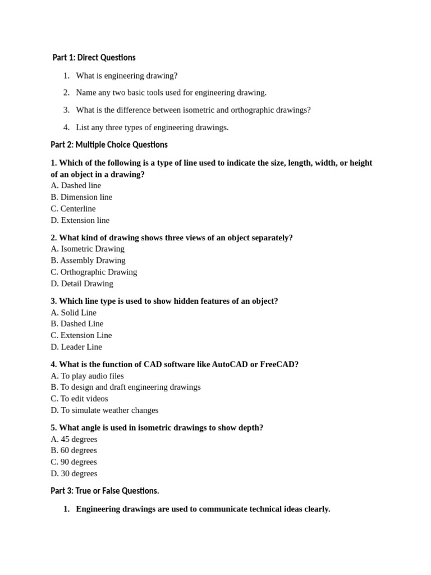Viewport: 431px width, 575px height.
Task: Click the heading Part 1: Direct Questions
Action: (94, 57)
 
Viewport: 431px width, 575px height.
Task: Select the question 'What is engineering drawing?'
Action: (126, 75)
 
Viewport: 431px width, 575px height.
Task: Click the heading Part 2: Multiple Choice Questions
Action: (109, 145)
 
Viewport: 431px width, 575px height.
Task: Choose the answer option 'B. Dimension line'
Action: (81, 197)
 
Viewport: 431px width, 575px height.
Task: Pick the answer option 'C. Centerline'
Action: (73, 209)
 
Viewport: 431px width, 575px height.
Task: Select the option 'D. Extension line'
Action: (80, 220)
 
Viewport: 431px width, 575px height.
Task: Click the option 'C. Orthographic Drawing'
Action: (94, 272)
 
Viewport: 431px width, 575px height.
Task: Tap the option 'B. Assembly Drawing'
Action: (88, 261)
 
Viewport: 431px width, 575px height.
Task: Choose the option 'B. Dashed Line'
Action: (77, 323)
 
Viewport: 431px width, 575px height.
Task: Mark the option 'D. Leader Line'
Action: (76, 347)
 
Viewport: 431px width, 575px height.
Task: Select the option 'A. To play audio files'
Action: (87, 376)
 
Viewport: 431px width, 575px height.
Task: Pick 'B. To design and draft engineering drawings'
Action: (125, 387)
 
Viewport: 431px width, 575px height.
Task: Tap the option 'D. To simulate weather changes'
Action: (104, 410)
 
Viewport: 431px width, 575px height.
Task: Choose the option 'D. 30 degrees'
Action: (74, 473)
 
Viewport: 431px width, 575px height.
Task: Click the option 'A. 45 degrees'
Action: (74, 439)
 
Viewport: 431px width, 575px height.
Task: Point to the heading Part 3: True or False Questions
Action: (105, 491)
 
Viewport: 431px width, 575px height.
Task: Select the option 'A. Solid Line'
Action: (74, 312)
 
